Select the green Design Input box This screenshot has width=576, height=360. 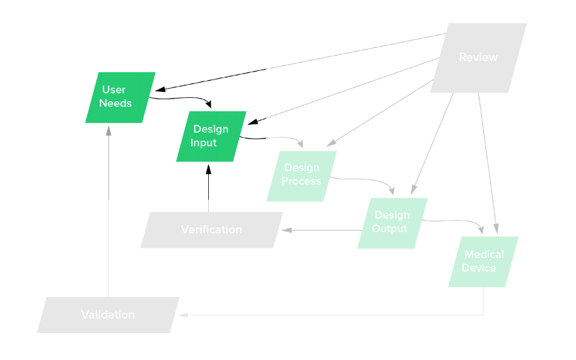tap(211, 136)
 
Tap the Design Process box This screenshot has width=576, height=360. tap(301, 175)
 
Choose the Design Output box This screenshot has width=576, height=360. tap(392, 223)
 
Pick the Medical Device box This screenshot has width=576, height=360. tap(483, 261)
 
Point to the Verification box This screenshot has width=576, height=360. tap(211, 229)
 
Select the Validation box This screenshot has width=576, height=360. tap(108, 315)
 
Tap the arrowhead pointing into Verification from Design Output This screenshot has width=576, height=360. tap(287, 230)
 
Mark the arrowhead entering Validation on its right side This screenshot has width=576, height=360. tap(184, 315)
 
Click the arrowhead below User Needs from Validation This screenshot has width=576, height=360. tap(109, 129)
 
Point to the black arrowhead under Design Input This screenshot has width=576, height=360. tap(208, 168)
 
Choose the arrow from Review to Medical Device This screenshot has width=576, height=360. tap(488, 164)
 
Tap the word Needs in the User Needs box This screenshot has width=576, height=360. tap(116, 103)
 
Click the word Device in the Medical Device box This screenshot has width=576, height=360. tap(479, 267)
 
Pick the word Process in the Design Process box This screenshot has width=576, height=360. tap(301, 181)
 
